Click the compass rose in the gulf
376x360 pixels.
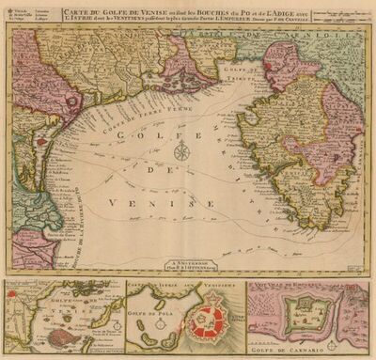(184, 151)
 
